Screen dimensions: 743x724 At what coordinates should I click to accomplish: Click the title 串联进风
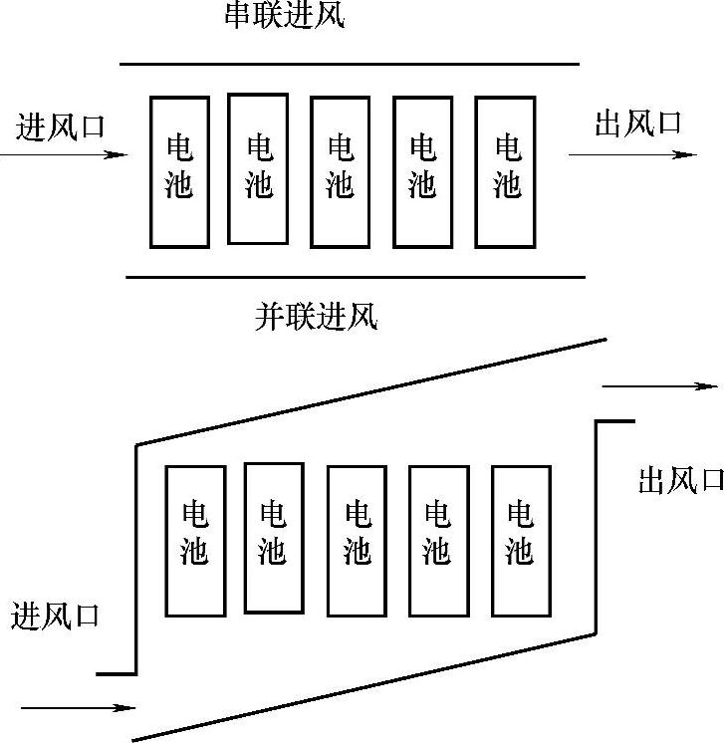pos(285,17)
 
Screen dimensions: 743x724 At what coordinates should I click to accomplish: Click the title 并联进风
pos(317,317)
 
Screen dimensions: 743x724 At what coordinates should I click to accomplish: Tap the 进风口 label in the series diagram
pos(61,126)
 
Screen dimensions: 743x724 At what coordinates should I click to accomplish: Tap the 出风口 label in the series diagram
pos(638,124)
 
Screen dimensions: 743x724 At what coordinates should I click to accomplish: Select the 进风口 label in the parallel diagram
pos(56,615)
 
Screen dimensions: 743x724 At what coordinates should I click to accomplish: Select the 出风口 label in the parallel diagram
pos(680,481)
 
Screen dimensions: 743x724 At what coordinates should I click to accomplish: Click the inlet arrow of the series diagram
pos(65,154)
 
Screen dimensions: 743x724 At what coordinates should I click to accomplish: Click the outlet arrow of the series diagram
pos(632,154)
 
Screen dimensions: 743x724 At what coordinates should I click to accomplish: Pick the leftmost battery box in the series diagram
pos(179,171)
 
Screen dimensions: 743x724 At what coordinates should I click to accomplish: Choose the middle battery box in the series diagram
pos(341,171)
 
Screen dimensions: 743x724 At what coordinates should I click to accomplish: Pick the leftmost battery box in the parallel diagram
pos(195,541)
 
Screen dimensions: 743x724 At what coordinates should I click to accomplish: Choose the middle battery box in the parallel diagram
pos(358,541)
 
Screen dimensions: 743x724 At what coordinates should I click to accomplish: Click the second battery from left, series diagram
pos(258,168)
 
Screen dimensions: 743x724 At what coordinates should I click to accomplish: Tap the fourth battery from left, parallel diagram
pos(438,539)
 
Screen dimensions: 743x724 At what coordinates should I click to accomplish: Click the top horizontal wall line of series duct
pos(349,64)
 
